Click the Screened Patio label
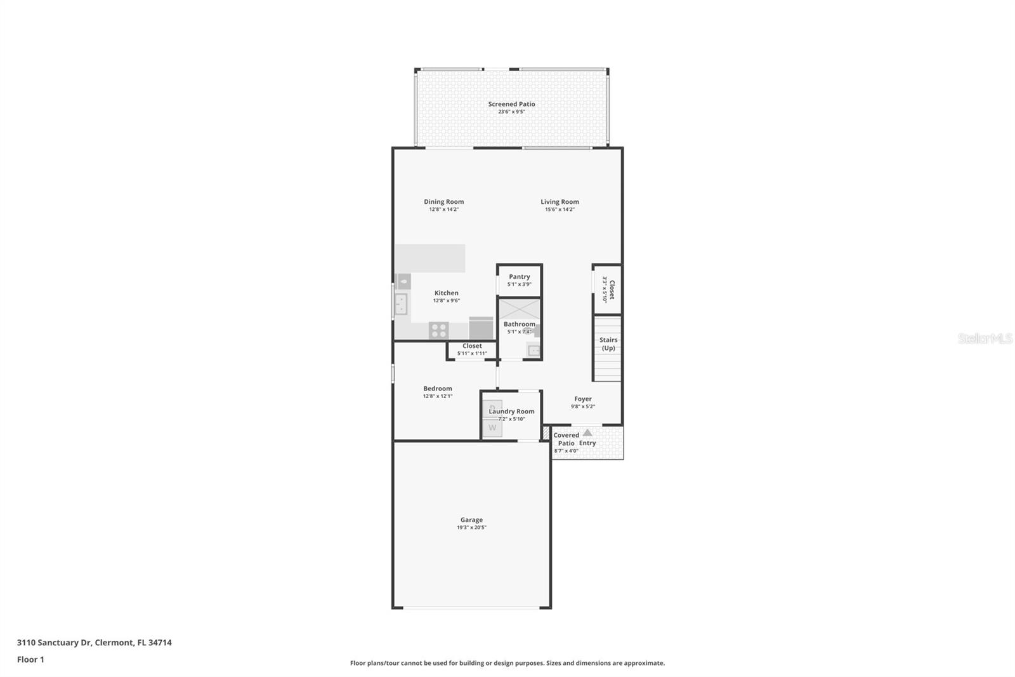[511, 104]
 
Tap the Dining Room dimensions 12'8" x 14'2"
[443, 210]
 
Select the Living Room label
[560, 202]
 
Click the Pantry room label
[519, 277]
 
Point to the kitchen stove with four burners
[438, 330]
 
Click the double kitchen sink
[401, 304]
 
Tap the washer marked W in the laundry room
[492, 428]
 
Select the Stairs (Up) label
[608, 344]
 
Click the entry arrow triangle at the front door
[587, 432]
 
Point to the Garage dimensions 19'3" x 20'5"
[471, 528]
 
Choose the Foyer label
[582, 399]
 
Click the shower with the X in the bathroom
[519, 310]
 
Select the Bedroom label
[438, 389]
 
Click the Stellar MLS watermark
[985, 339]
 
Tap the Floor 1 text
[30, 659]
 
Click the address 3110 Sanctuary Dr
[94, 643]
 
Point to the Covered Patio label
[566, 439]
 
